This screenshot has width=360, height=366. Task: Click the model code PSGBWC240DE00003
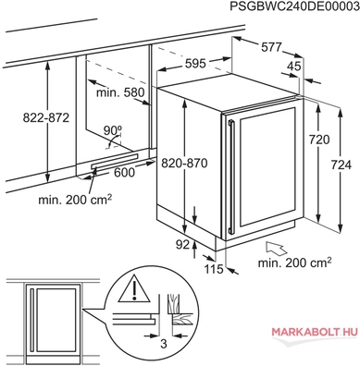pos(294,6)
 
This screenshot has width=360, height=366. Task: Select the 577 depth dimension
pos(272,47)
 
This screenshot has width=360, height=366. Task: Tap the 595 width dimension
pos(195,64)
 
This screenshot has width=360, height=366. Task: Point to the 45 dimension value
pos(293,66)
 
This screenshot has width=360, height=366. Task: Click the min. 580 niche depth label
pos(120,92)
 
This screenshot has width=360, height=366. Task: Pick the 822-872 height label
pos(46,117)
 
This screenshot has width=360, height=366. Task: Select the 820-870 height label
pos(184,163)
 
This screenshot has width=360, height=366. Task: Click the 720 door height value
pos(319,140)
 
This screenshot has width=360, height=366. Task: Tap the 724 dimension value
pos(341,165)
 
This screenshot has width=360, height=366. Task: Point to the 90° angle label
pos(113,130)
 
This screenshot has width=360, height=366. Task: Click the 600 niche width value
pos(125,173)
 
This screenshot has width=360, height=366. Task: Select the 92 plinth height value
pos(182,245)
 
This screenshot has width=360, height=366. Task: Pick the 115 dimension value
pos(214,269)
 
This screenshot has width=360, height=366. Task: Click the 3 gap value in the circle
pos(164,343)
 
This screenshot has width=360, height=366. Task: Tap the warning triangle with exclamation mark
pos(134,288)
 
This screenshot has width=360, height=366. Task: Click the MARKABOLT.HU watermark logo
pos(315,332)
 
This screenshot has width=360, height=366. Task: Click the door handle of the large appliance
pos(231,177)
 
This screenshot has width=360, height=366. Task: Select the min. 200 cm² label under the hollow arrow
pos(295,262)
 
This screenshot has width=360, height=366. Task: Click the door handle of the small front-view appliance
pos(31,319)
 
